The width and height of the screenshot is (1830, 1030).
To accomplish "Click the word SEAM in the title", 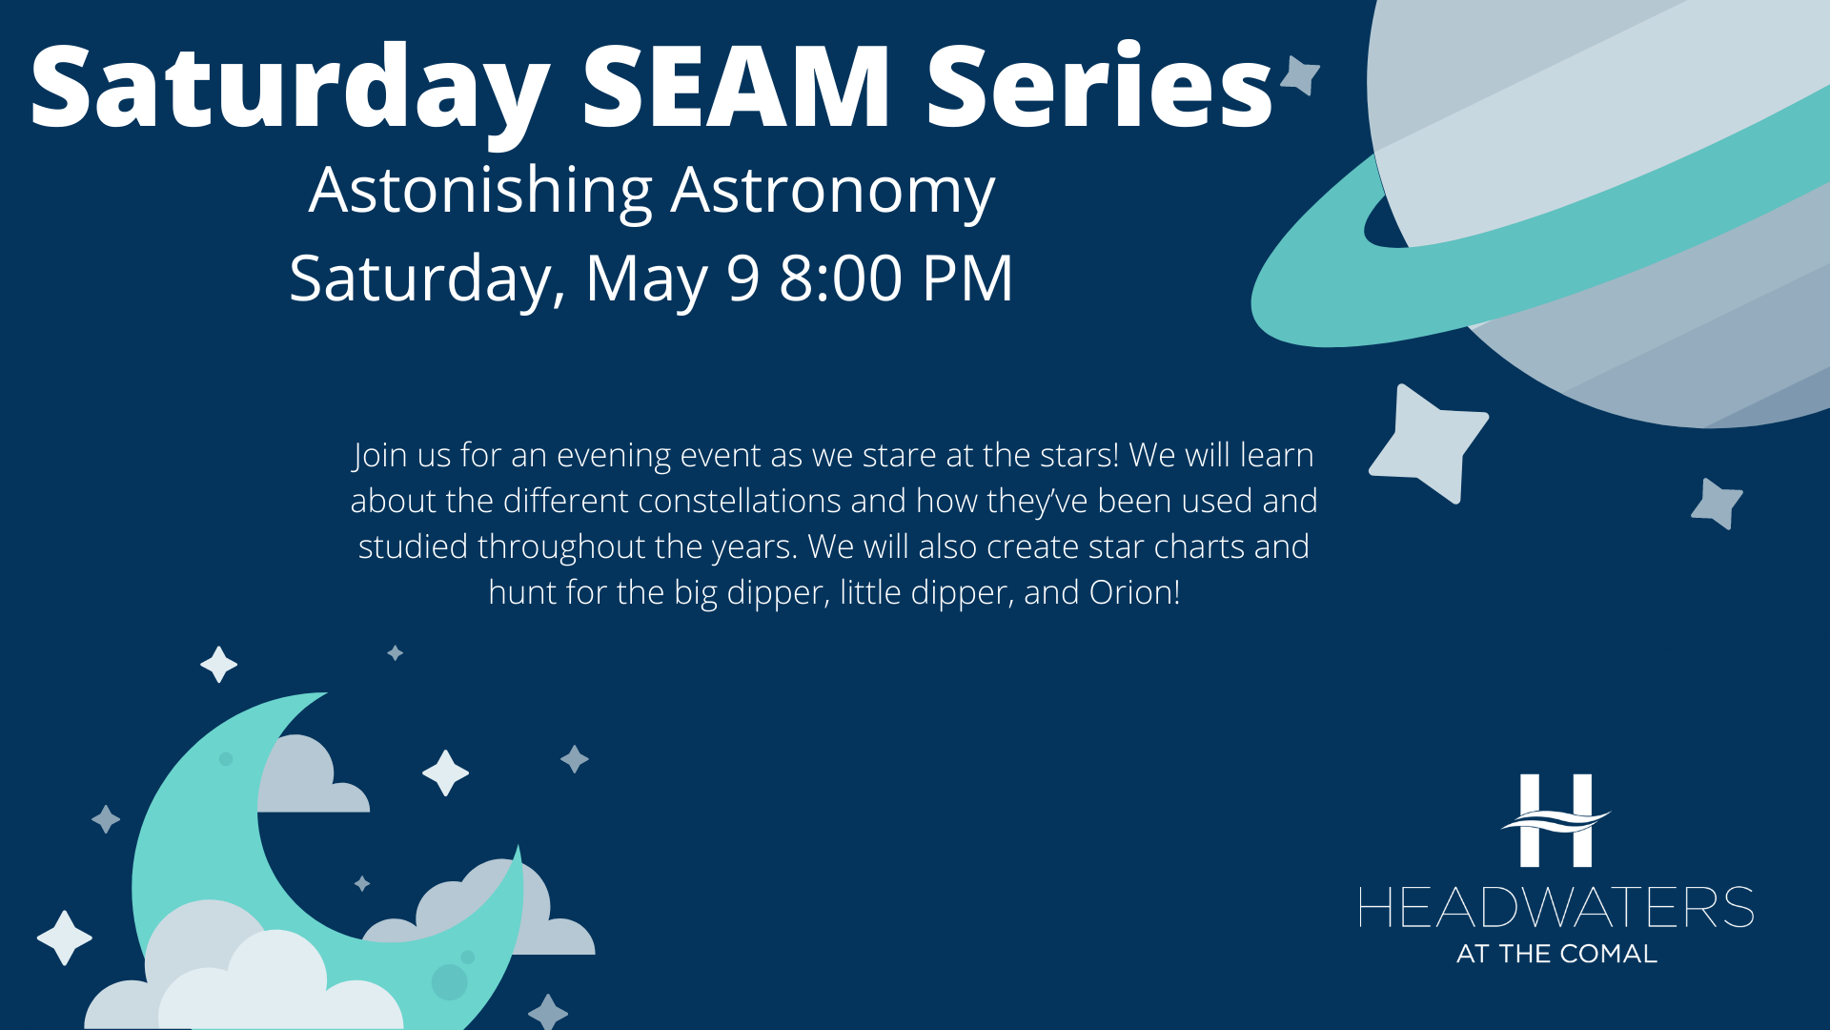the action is click(736, 86).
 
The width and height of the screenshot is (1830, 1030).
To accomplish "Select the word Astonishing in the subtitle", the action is click(480, 192).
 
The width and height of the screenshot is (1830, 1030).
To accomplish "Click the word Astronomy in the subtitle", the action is click(833, 192).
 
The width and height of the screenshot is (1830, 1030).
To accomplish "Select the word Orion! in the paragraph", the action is click(1135, 592).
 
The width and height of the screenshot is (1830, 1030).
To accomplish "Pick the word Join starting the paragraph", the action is click(378, 456).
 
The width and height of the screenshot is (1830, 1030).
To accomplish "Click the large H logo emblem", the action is click(1555, 820).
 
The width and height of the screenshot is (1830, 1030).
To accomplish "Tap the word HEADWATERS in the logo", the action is click(1555, 907).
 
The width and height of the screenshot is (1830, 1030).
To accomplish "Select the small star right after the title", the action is click(1300, 75).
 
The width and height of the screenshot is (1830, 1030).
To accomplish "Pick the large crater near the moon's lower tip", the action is click(449, 981).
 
